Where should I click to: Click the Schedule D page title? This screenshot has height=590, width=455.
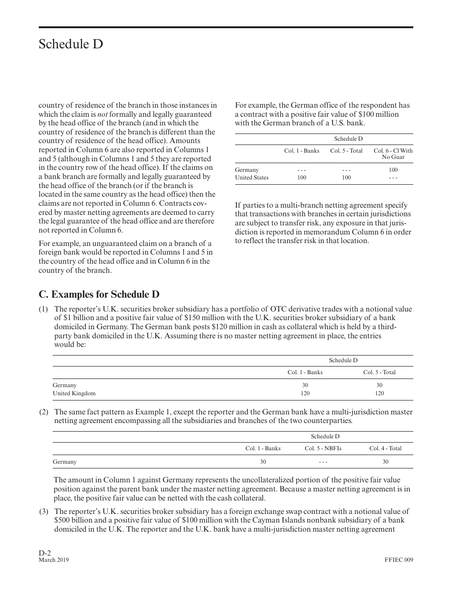pyautogui.click(x=71, y=45)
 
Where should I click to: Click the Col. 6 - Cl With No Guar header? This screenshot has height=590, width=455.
pyautogui.click(x=393, y=154)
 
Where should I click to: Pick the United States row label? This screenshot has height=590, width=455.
pyautogui.click(x=251, y=178)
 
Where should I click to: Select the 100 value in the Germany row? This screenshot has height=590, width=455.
pyautogui.click(x=393, y=170)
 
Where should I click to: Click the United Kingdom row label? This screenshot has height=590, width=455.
pyautogui.click(x=74, y=393)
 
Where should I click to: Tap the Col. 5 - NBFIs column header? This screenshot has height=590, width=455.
pyautogui.click(x=323, y=448)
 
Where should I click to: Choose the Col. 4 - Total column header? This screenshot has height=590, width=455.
pyautogui.click(x=385, y=448)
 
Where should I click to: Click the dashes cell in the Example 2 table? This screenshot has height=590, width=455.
pyautogui.click(x=323, y=462)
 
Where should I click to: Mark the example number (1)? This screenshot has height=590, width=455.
pyautogui.click(x=44, y=310)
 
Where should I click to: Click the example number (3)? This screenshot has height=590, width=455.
pyautogui.click(x=44, y=512)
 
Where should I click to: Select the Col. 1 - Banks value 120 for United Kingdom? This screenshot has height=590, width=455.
pyautogui.click(x=305, y=393)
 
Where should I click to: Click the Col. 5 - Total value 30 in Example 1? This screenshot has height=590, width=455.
pyautogui.click(x=379, y=385)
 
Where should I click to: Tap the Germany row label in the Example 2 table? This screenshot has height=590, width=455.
pyautogui.click(x=65, y=462)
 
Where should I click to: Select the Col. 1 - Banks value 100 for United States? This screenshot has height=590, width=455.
pyautogui.click(x=302, y=178)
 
